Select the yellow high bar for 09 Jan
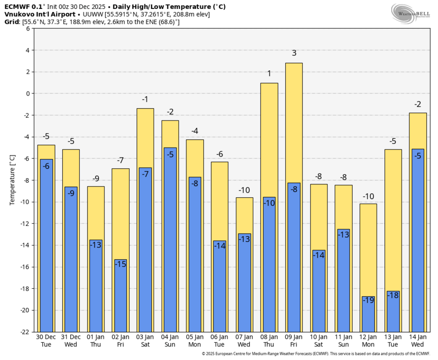point(294,122)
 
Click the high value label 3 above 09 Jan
point(294,53)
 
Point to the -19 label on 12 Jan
point(368,300)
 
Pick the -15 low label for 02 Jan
point(120,264)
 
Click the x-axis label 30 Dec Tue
point(46,340)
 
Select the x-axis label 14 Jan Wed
point(418,340)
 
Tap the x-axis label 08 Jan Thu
point(269,340)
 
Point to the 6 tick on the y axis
point(28,29)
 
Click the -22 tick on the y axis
point(25,332)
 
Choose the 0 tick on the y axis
point(28,94)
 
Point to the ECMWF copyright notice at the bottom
point(315,354)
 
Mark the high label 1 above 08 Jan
point(269,74)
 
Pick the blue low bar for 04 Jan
point(170,244)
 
